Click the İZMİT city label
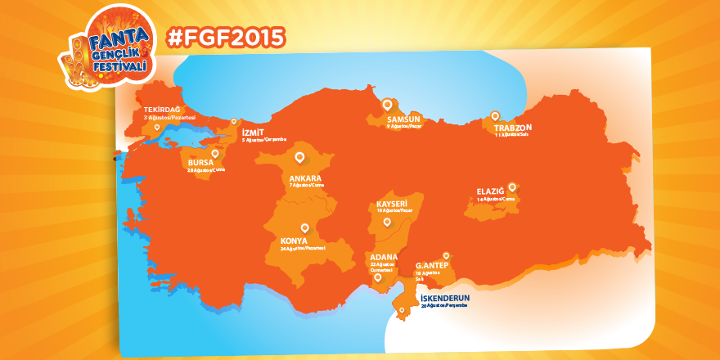[253, 132]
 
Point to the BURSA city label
[200, 162]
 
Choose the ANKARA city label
[305, 178]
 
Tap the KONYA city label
[294, 241]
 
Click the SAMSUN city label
[403, 119]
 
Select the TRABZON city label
[513, 128]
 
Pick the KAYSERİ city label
[392, 203]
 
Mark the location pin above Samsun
[387, 104]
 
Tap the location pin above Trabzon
[494, 115]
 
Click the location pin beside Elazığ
[512, 186]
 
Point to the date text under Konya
[303, 248]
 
